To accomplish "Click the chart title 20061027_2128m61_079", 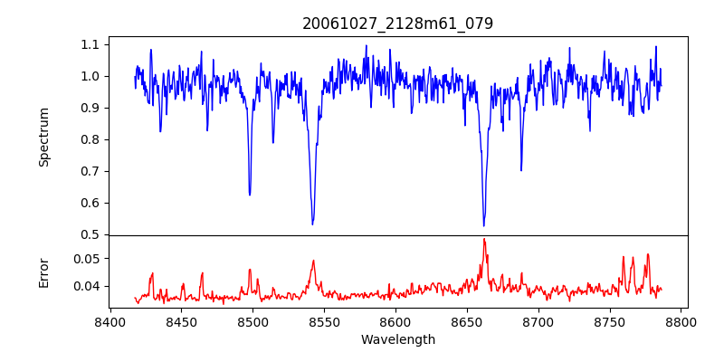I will (x=397, y=24).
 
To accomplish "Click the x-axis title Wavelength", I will (x=397, y=339).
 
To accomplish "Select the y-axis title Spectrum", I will (x=44, y=137).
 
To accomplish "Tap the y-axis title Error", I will (x=44, y=271).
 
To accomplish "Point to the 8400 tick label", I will (x=110, y=321).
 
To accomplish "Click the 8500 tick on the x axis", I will (x=252, y=321).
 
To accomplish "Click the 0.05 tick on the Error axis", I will (x=88, y=258).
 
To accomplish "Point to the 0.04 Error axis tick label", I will (x=88, y=286).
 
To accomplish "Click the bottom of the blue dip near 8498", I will (x=250, y=195).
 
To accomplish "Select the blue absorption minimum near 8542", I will (x=312, y=224).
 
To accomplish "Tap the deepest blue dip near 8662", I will (x=484, y=226).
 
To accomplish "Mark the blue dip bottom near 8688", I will (x=521, y=170).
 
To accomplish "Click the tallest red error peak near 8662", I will (x=484, y=239).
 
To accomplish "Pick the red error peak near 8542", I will (x=313, y=261).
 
